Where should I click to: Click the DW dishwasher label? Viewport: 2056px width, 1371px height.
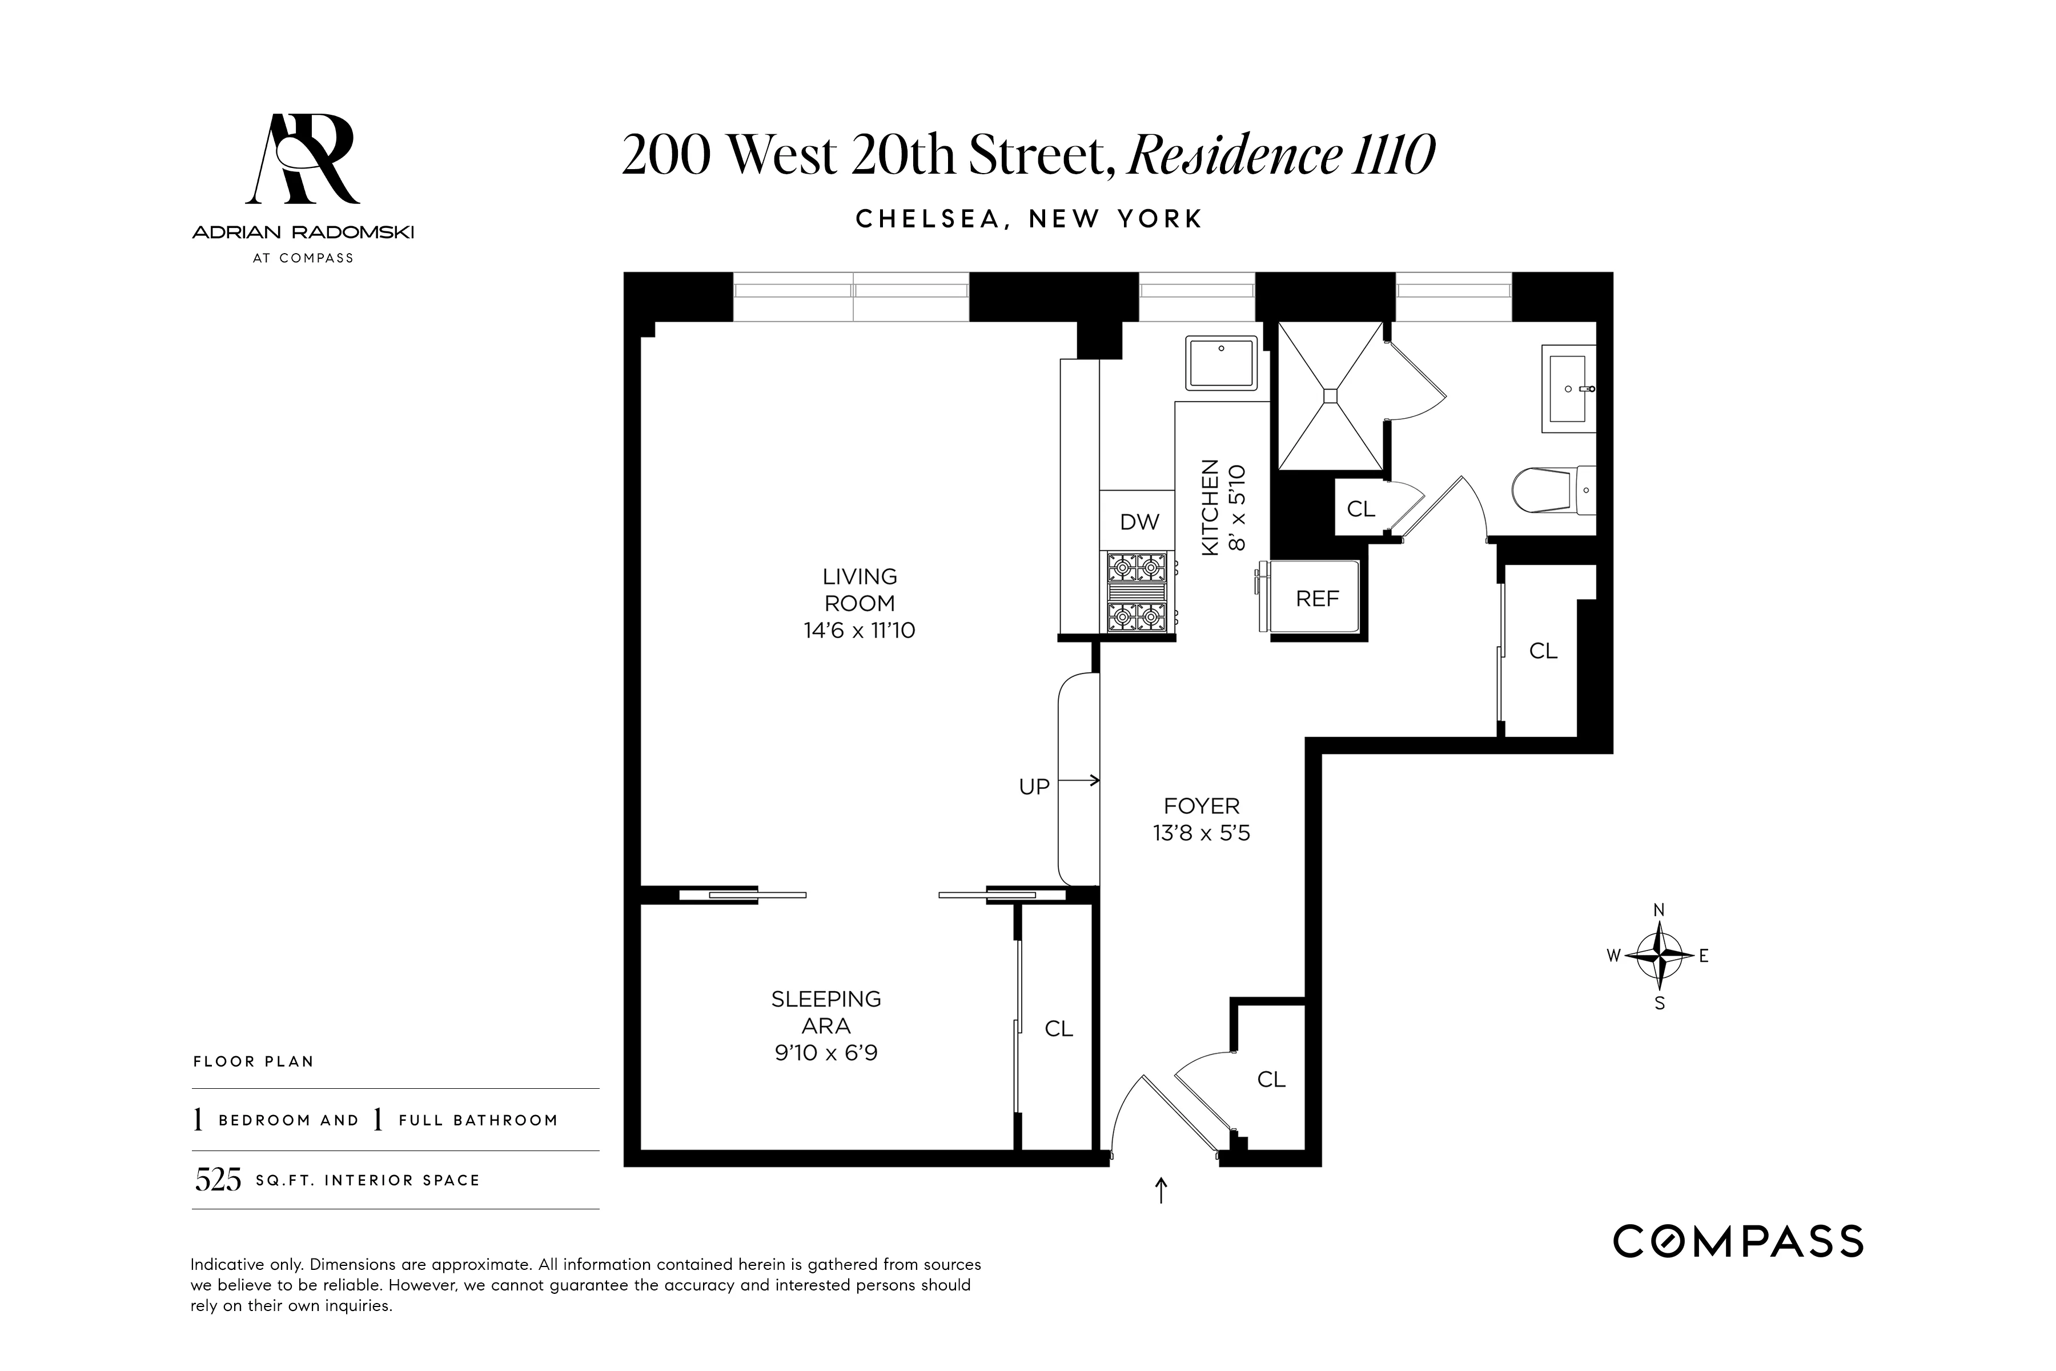(x=1139, y=522)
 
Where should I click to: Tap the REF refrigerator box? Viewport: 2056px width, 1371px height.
(x=1316, y=598)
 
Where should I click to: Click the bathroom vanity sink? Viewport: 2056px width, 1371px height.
(x=1569, y=389)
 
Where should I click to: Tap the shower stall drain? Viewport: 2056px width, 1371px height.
(x=1331, y=395)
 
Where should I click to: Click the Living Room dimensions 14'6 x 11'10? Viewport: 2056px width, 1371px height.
(x=860, y=631)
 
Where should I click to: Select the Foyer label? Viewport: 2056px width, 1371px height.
(x=1201, y=805)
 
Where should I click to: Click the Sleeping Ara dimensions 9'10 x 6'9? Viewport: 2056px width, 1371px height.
(x=826, y=1053)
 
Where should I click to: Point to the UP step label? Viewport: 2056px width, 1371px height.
(x=1034, y=787)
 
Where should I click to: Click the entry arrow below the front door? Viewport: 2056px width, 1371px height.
(x=1161, y=1190)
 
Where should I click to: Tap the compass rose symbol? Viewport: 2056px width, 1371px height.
(x=1659, y=956)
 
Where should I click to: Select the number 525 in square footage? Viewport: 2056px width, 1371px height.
(x=218, y=1180)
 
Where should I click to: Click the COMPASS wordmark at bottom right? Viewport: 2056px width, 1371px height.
(x=1738, y=1241)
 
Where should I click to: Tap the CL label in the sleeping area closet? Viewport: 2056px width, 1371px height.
(x=1059, y=1029)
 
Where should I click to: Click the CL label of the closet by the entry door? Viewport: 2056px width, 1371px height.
(x=1271, y=1080)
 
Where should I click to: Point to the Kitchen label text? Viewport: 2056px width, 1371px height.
(x=1210, y=507)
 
